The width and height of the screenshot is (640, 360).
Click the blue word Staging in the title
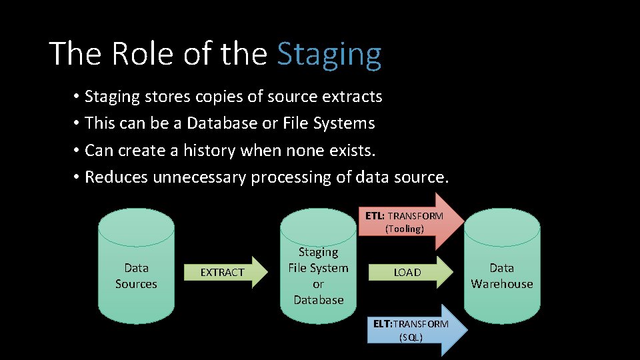pyautogui.click(x=329, y=55)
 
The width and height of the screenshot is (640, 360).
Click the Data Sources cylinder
pyautogui.click(x=136, y=267)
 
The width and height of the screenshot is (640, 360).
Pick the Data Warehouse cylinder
pyautogui.click(x=501, y=267)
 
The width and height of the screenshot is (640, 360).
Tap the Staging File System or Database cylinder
pyautogui.click(x=318, y=267)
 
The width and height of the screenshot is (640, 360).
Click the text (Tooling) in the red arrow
pyautogui.click(x=404, y=229)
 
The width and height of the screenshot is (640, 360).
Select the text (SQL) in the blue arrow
pyautogui.click(x=411, y=337)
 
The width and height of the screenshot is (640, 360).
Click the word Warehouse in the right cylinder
pyautogui.click(x=502, y=284)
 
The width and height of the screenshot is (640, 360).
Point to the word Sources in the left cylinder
pyautogui.click(x=136, y=284)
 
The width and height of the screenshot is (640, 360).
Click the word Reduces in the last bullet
pyautogui.click(x=117, y=177)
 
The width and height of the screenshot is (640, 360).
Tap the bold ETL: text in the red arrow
pyautogui.click(x=375, y=216)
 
